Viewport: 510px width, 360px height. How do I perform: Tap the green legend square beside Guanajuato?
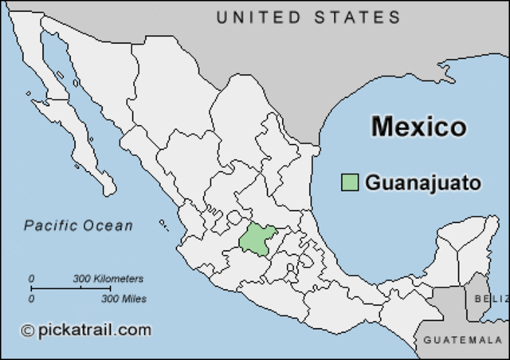tap(349, 182)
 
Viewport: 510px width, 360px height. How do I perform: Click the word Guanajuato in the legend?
tap(423, 183)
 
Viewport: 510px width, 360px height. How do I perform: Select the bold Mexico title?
tap(418, 126)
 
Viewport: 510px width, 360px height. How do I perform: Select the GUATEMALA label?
tap(462, 340)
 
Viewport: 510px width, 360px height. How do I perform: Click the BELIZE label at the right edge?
tap(490, 298)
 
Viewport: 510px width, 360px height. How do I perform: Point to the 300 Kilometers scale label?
tap(108, 279)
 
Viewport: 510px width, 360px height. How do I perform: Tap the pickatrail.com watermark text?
tap(94, 329)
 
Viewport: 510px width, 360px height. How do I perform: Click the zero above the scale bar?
tap(32, 279)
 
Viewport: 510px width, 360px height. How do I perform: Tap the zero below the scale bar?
tap(32, 299)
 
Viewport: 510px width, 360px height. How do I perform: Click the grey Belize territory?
tap(479, 295)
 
